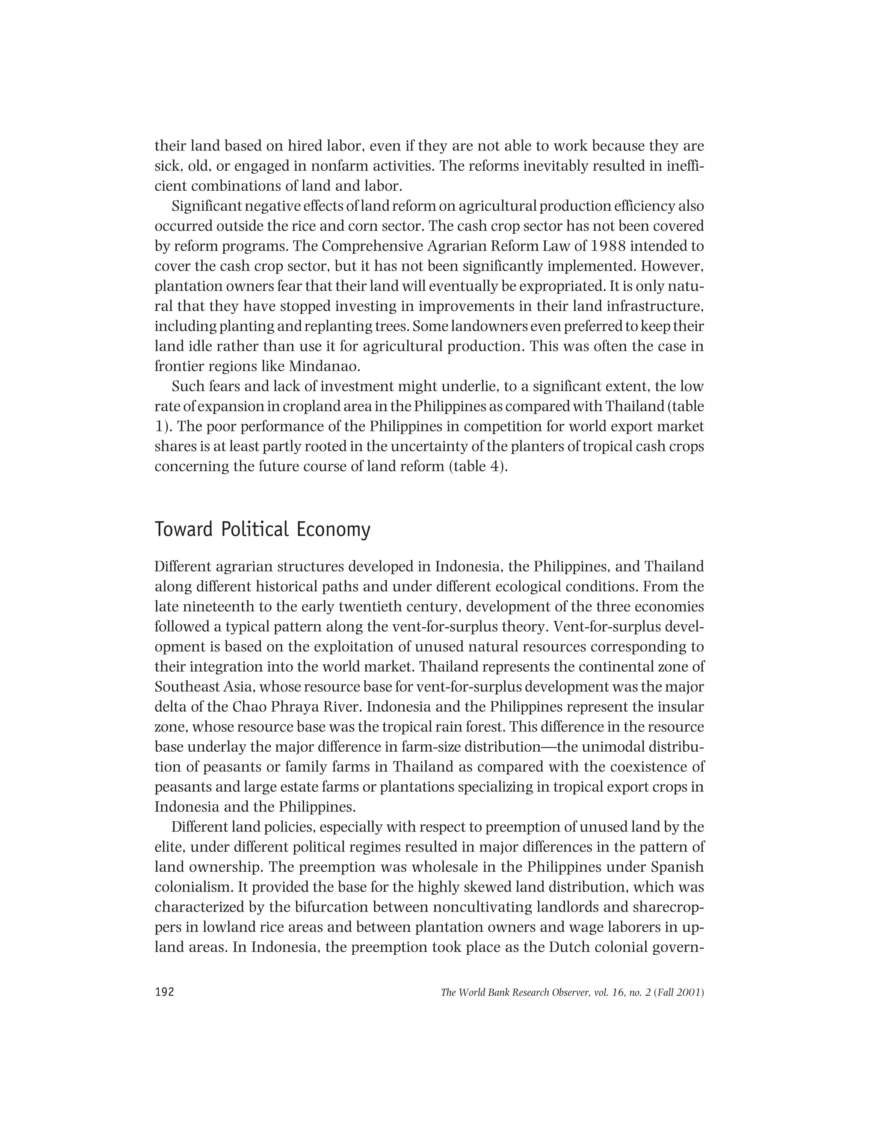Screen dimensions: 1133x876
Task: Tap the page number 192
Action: click(165, 992)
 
